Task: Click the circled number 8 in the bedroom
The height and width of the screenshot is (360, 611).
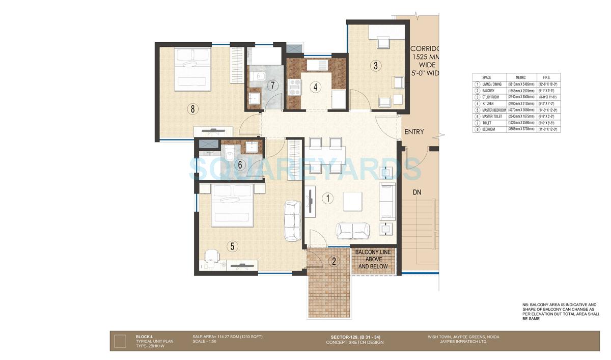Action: click(x=193, y=108)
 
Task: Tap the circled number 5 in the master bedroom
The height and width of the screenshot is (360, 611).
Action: click(x=232, y=246)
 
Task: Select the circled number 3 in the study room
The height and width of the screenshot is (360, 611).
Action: click(x=375, y=65)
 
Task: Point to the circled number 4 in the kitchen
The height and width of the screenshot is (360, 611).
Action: click(x=316, y=87)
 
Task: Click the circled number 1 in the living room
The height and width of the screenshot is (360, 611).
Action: click(x=328, y=199)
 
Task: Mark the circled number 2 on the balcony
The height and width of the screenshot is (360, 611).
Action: click(x=334, y=261)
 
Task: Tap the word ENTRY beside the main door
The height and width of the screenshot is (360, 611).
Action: click(x=414, y=132)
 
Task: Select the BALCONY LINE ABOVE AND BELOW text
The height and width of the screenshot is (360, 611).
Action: click(x=373, y=259)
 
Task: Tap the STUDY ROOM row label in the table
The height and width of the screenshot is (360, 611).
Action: click(x=491, y=97)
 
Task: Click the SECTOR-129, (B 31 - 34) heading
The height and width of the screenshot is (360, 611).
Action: click(x=350, y=337)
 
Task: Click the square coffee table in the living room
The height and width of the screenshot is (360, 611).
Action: click(x=352, y=201)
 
